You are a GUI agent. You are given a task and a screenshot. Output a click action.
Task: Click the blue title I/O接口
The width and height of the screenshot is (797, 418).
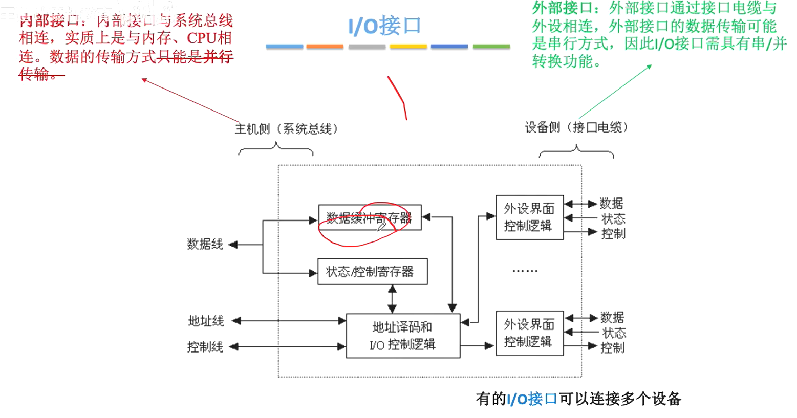[x=384, y=26]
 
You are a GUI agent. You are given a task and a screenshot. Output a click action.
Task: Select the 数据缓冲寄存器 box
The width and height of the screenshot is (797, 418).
[x=369, y=218]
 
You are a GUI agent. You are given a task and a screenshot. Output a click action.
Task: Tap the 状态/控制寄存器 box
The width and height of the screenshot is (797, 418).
[x=372, y=272]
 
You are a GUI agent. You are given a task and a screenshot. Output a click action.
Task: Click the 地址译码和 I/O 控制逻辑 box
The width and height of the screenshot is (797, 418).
[x=403, y=336]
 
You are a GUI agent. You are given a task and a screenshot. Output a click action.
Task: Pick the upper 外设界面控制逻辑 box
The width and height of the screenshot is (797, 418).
[x=529, y=217]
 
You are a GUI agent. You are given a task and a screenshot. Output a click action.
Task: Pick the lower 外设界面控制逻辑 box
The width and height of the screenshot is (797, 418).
[x=529, y=333]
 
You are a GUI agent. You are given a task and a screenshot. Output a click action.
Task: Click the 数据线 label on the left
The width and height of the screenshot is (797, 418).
[x=205, y=245]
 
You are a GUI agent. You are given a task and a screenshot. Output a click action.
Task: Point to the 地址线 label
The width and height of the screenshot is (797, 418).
[x=206, y=321]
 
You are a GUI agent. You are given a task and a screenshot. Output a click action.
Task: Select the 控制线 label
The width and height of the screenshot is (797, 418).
[x=205, y=347]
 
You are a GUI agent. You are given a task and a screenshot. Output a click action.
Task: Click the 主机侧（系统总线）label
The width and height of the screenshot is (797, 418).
[x=286, y=129]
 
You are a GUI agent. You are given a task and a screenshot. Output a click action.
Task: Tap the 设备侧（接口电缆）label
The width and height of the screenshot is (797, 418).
[x=576, y=127]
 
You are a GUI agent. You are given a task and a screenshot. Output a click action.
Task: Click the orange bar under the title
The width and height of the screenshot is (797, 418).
[x=325, y=47]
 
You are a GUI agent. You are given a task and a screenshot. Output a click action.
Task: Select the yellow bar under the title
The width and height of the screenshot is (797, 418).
[x=408, y=47]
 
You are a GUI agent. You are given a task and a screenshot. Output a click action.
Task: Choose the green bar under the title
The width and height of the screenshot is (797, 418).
[x=491, y=47]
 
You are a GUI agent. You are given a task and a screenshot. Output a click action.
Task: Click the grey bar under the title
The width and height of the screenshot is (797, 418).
[x=367, y=47]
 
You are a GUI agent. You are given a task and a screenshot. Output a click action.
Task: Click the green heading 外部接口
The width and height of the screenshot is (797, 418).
[x=562, y=9]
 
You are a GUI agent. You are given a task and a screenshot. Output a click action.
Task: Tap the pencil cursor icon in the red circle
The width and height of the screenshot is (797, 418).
[x=382, y=227]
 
